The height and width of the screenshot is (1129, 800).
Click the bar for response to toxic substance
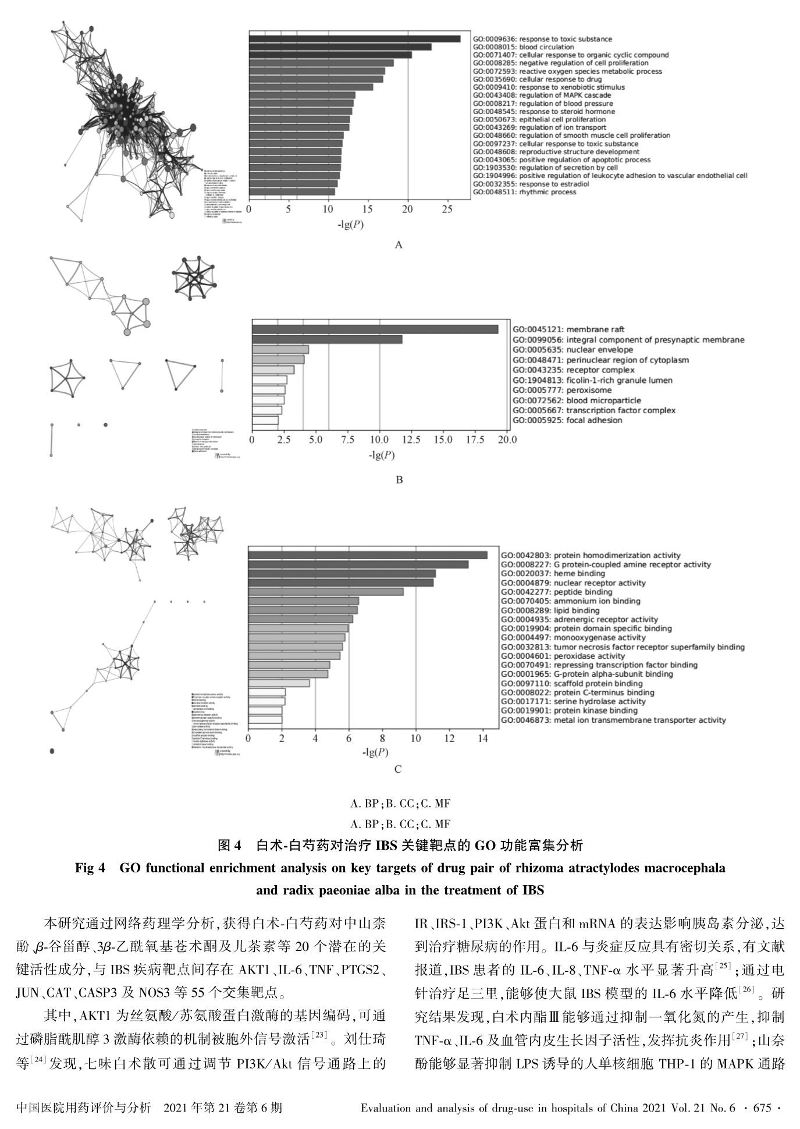click(354, 39)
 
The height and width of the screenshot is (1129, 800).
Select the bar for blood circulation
click(340, 47)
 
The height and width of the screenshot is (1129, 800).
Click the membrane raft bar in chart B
click(375, 329)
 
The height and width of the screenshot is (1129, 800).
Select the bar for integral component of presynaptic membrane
click(327, 339)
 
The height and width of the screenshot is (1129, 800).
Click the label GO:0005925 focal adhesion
click(567, 420)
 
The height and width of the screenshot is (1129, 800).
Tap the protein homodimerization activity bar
click(368, 555)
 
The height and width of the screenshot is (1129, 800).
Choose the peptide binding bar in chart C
click(326, 592)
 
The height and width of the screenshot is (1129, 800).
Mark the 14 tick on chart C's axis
click(483, 739)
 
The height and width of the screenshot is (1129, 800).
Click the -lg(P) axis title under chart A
click(351, 224)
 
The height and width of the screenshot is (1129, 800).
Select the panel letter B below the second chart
click(399, 480)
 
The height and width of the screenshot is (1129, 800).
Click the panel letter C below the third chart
click(398, 769)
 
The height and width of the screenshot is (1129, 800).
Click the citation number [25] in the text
click(721, 965)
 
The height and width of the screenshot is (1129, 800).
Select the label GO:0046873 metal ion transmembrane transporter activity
click(613, 720)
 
